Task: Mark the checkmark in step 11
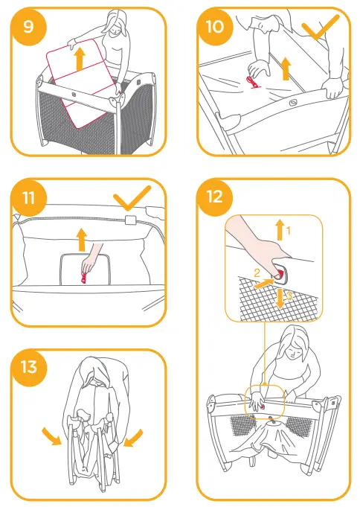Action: pos(134,197)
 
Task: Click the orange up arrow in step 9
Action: pos(80,62)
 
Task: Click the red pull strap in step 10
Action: pos(252,79)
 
